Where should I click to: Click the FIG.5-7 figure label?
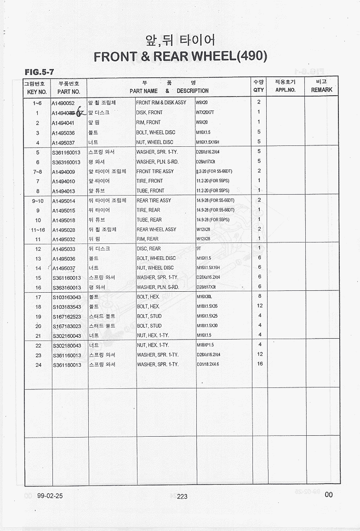(x=40, y=72)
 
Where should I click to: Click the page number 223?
(x=182, y=496)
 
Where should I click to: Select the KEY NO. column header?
(x=37, y=91)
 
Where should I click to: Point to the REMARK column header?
(x=321, y=90)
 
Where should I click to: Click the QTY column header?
(x=258, y=90)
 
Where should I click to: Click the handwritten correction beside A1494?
(x=80, y=112)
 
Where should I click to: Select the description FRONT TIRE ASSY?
(x=155, y=172)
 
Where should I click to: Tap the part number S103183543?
(x=67, y=306)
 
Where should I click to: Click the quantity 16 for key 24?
(x=260, y=364)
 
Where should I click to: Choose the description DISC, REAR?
(x=149, y=249)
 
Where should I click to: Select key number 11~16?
(x=38, y=230)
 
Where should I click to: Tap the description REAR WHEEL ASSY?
(x=156, y=230)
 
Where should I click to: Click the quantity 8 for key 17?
(x=260, y=296)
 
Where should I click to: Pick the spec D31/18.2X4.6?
(x=208, y=365)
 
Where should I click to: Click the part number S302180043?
(x=67, y=346)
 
